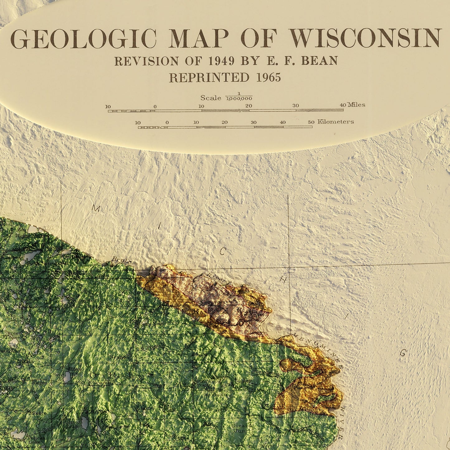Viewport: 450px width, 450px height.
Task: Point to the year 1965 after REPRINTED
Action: pos(268,78)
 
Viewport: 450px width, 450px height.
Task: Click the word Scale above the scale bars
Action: pos(211,98)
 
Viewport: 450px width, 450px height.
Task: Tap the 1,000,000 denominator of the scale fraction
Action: pos(239,99)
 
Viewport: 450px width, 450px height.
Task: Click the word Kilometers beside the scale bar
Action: pos(335,122)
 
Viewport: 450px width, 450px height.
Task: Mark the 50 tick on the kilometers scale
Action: pos(311,122)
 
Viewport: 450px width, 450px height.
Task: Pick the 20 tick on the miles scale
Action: pos(248,106)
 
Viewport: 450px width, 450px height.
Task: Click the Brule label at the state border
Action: pos(121,260)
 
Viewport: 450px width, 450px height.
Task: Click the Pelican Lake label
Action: pos(36,439)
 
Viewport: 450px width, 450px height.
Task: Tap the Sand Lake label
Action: pos(73,424)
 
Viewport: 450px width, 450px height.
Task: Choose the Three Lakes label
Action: pos(12,335)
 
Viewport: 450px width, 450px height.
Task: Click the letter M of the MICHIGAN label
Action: pos(96,209)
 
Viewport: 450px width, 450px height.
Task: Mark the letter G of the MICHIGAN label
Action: pos(403,353)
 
